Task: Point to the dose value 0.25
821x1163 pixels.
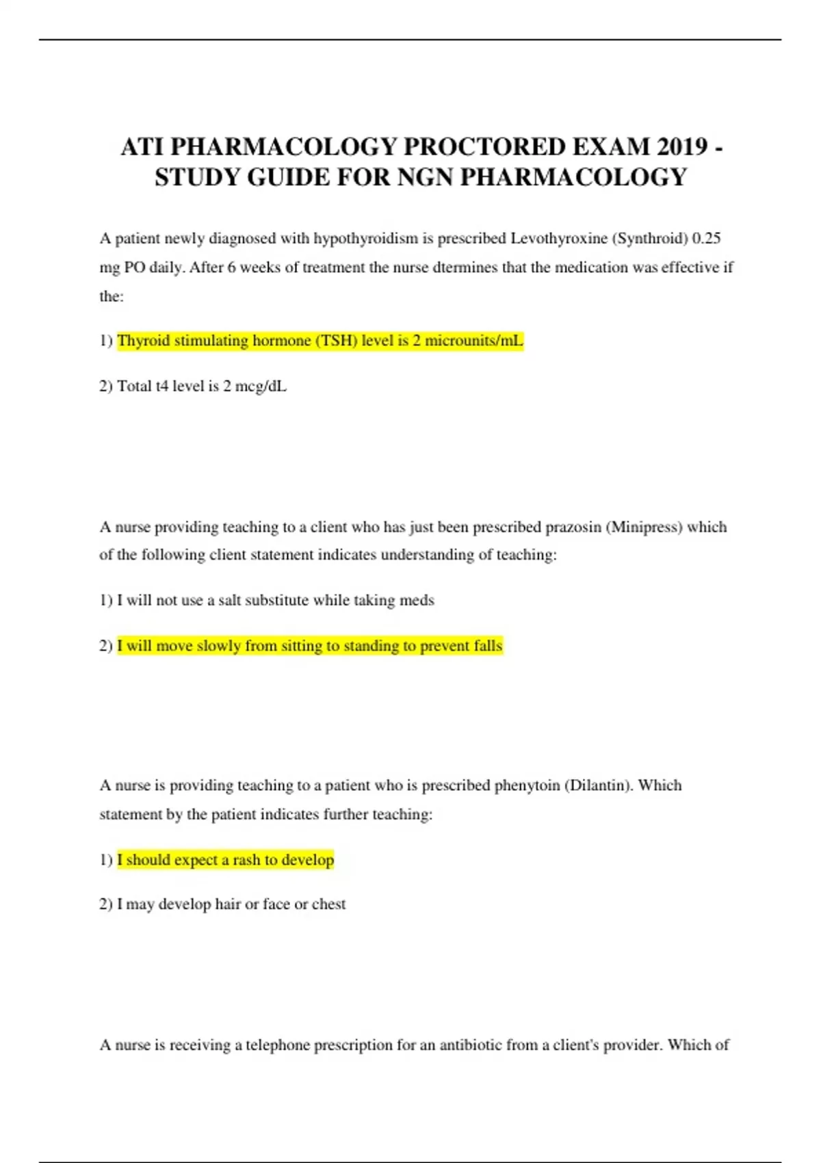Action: [x=707, y=238]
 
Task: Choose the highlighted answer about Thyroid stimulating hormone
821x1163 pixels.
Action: [x=320, y=341]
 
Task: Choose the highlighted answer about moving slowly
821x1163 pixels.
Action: [x=310, y=646]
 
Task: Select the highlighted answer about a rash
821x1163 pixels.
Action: [x=226, y=860]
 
